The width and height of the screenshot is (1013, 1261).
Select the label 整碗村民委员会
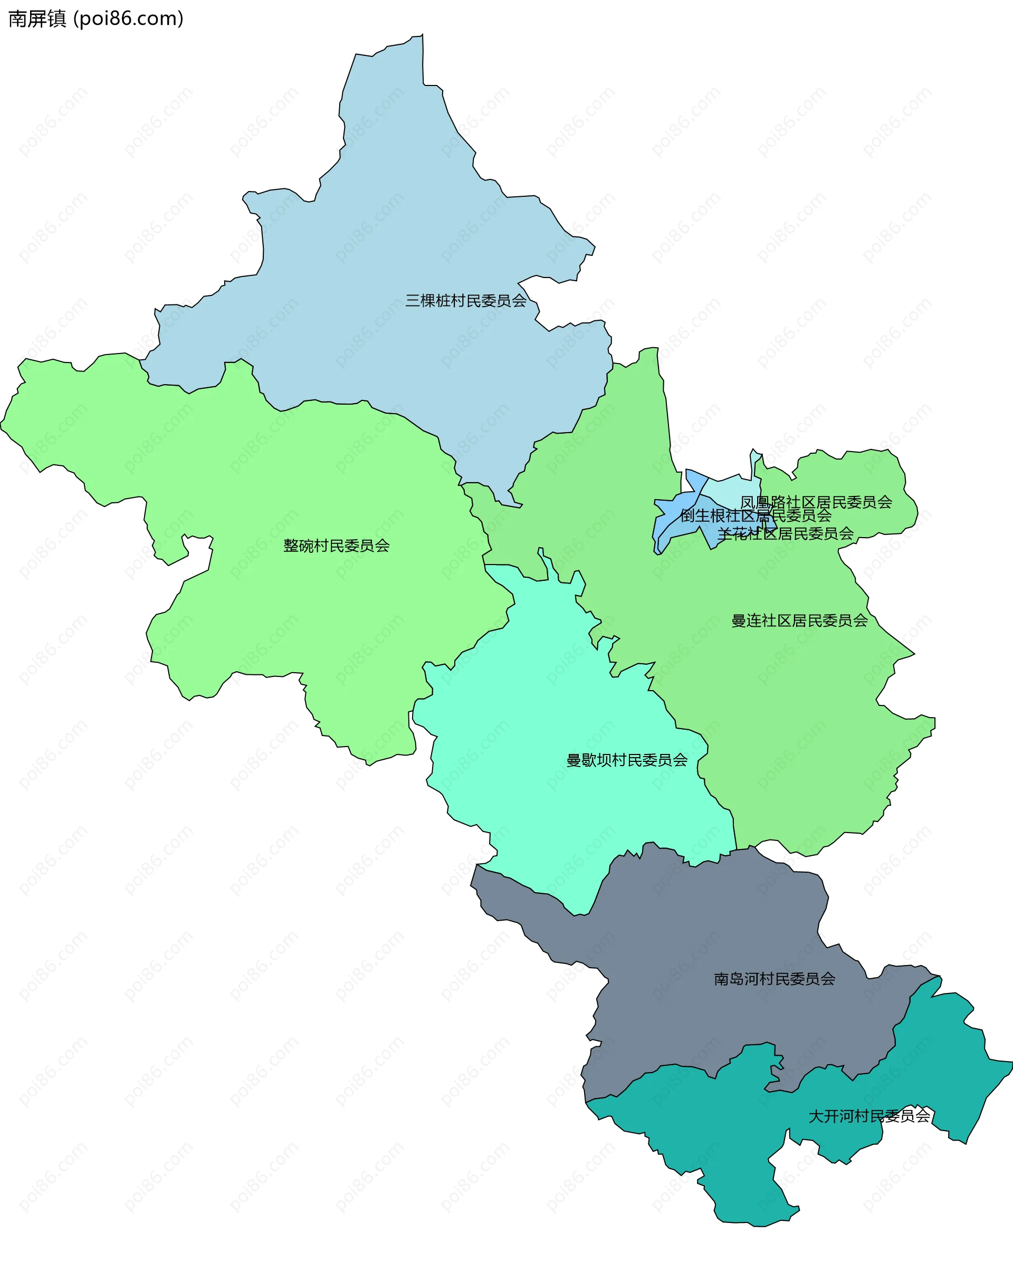pyautogui.click(x=336, y=546)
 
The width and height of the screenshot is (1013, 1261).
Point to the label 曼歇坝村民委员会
pyautogui.click(x=626, y=760)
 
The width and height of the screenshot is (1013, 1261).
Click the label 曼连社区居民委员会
pyautogui.click(x=799, y=620)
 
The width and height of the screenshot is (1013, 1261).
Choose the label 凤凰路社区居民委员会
pyautogui.click(x=816, y=502)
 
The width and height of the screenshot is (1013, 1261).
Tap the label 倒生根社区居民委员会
pyautogui.click(x=755, y=516)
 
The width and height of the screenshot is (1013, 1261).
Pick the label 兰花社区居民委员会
pyautogui.click(x=785, y=533)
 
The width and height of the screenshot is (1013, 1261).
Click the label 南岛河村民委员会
pyautogui.click(x=775, y=979)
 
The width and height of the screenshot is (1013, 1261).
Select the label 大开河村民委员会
pyautogui.click(x=868, y=1116)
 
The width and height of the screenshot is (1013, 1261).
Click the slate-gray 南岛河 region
pyautogui.click(x=702, y=936)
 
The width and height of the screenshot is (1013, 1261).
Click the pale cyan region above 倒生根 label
pyautogui.click(x=731, y=488)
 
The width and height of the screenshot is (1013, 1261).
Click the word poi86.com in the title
pyautogui.click(x=129, y=18)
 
